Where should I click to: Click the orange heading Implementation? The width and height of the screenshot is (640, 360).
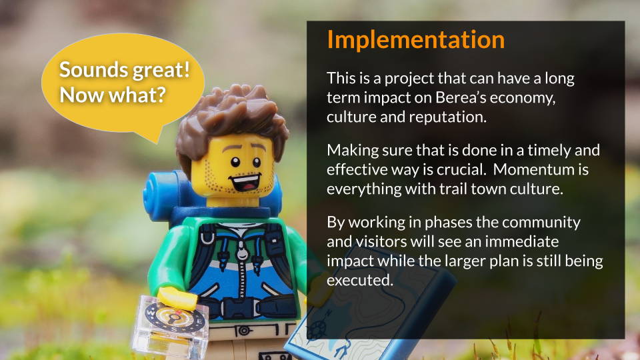click(x=415, y=40)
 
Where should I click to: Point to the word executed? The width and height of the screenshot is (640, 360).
click(x=359, y=280)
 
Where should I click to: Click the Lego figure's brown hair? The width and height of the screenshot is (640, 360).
click(x=232, y=119)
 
